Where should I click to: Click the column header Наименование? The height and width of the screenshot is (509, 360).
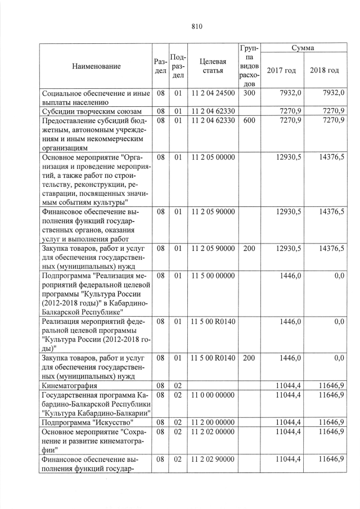(96, 66)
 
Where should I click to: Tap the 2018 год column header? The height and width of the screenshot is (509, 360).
(325, 70)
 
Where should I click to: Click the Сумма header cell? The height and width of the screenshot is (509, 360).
(303, 48)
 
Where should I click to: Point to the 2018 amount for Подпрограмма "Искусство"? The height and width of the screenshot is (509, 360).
(331, 422)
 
